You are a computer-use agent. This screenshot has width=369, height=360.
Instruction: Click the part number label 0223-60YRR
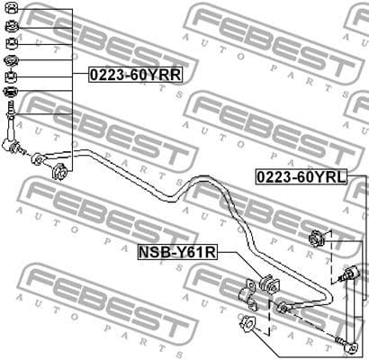[x=135, y=76]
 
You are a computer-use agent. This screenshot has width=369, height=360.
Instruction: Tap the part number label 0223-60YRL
[x=300, y=177]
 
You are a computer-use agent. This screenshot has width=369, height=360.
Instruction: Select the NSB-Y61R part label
[x=176, y=254]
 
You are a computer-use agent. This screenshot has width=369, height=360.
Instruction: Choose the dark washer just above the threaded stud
[x=11, y=94]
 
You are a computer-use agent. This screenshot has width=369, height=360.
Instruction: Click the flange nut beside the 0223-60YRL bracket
[x=317, y=239]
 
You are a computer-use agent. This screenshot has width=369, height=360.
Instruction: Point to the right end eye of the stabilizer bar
[x=283, y=309]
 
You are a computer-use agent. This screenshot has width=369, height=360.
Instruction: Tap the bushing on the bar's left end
[x=60, y=171]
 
